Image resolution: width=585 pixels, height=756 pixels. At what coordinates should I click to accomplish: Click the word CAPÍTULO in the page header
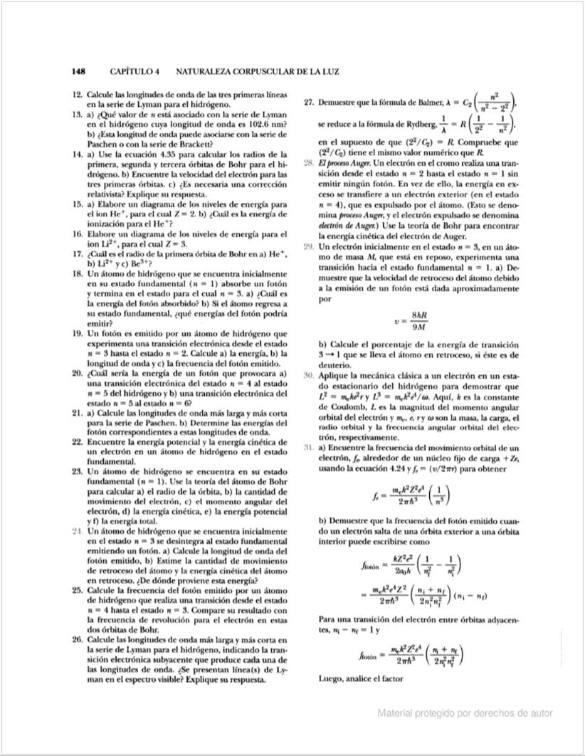(x=137, y=72)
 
